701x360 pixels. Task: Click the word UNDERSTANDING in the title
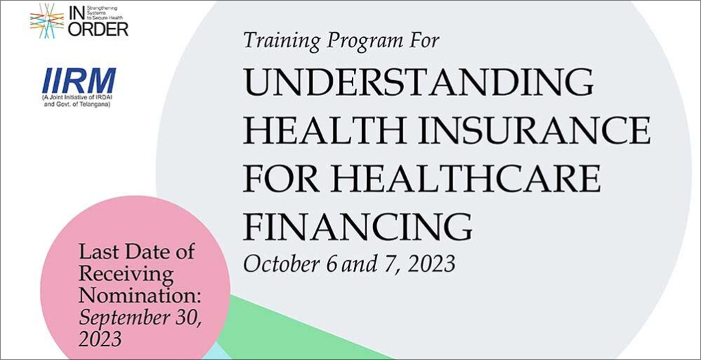click(x=418, y=82)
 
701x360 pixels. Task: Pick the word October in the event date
click(x=281, y=264)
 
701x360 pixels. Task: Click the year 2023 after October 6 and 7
click(x=431, y=264)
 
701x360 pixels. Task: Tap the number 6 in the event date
click(x=331, y=265)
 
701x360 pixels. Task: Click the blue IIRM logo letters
click(x=79, y=81)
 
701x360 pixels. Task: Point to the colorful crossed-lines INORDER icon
click(x=47, y=21)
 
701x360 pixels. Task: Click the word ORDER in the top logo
click(x=98, y=29)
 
